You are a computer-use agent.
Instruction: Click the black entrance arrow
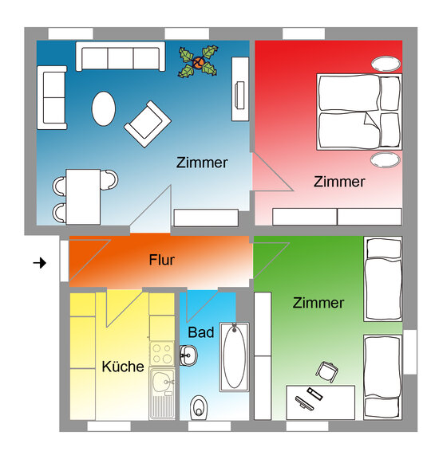[x=40, y=262]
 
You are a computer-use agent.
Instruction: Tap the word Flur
[x=161, y=260]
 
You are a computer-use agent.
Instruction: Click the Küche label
[x=123, y=366]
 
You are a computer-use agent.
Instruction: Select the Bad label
[x=201, y=332]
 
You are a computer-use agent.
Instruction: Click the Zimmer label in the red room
[x=339, y=182]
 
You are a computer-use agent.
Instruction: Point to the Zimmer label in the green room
[x=318, y=303]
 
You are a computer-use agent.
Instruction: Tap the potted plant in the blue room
[x=198, y=61]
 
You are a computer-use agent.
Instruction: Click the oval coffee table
[x=104, y=108]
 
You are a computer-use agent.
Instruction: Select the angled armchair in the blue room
[x=148, y=124]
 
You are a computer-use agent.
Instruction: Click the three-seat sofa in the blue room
[x=121, y=56]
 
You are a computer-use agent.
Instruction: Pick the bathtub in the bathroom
[x=234, y=357]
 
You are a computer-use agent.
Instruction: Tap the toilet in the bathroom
[x=199, y=407]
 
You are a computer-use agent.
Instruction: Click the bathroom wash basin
[x=188, y=355]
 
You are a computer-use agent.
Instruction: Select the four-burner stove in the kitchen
[x=162, y=354]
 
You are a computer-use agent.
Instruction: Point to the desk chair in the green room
[x=327, y=371]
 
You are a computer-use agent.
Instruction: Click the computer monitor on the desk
[x=304, y=402]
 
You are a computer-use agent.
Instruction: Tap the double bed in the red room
[x=359, y=112]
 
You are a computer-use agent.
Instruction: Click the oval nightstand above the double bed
[x=386, y=64]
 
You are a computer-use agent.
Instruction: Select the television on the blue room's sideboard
[x=239, y=96]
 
